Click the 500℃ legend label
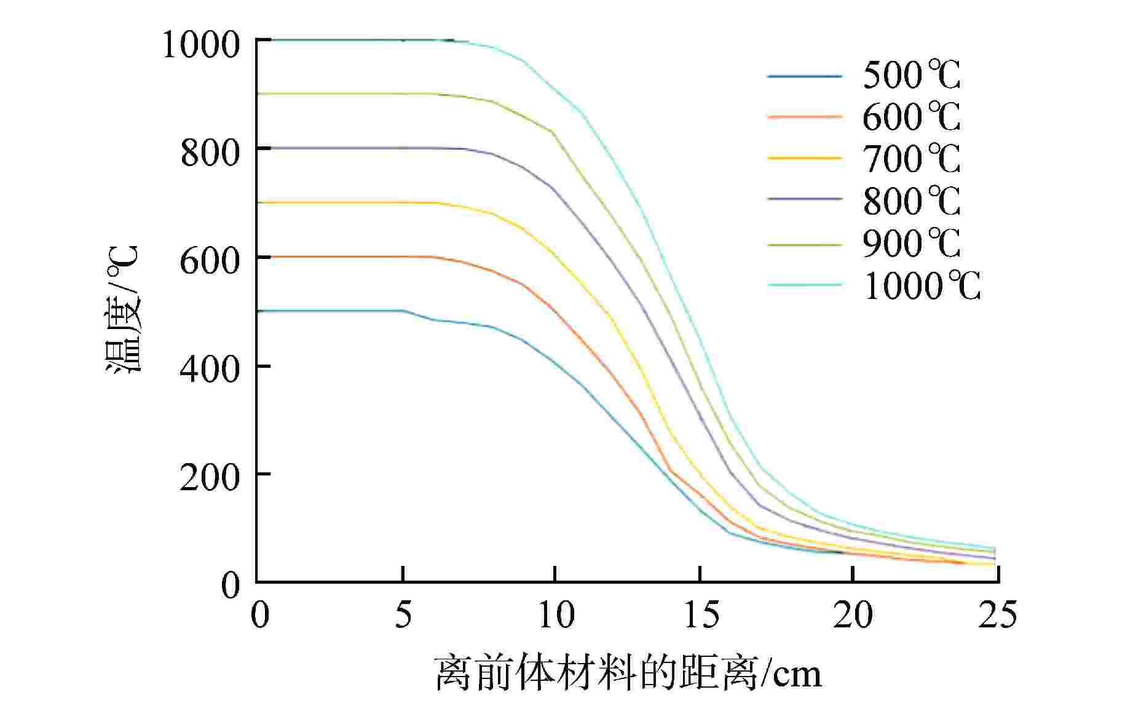coord(911,76)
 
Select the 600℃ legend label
coord(911,117)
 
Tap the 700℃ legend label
coord(911,159)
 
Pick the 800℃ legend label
coord(911,201)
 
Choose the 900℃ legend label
coord(911,243)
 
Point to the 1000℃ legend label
coord(922,285)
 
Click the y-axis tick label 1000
coord(200,44)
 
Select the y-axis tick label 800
coord(210,153)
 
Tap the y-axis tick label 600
coord(210,261)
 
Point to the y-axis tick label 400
coord(210,370)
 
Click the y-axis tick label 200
coord(210,478)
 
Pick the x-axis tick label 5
coord(403,614)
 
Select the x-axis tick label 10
coord(556,614)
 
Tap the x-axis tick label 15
coord(701,614)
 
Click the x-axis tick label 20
coord(853,614)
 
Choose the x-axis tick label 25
coord(997,614)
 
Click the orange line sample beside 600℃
coord(804,116)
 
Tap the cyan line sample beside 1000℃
coord(804,285)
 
